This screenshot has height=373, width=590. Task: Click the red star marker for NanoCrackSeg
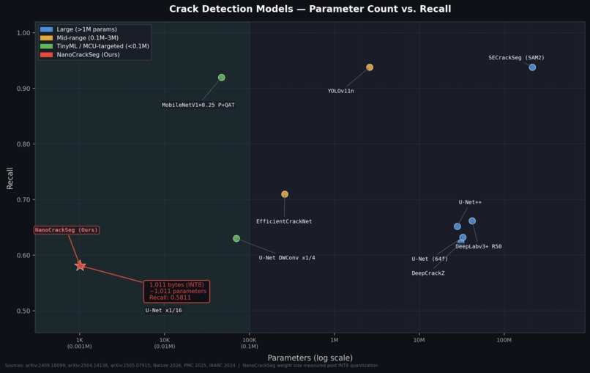click(80, 266)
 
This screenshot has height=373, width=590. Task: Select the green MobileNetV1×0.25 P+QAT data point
click(222, 78)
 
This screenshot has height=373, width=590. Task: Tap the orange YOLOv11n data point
click(370, 67)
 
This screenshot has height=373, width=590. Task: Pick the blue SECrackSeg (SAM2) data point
click(532, 67)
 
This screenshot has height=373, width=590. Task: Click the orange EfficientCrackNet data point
click(285, 194)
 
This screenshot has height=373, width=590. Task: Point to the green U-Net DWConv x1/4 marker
click(236, 238)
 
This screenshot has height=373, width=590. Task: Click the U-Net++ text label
click(470, 202)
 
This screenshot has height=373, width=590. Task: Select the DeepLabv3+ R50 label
click(478, 247)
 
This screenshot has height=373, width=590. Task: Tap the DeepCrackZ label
click(427, 273)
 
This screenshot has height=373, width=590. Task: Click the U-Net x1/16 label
click(163, 311)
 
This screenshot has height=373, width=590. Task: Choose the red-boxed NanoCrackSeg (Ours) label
click(67, 230)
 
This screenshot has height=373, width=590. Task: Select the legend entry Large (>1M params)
click(86, 30)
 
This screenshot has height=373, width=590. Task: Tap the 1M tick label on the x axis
click(334, 340)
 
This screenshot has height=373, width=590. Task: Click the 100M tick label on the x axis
click(504, 340)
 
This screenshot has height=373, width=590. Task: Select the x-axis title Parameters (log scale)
click(310, 358)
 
